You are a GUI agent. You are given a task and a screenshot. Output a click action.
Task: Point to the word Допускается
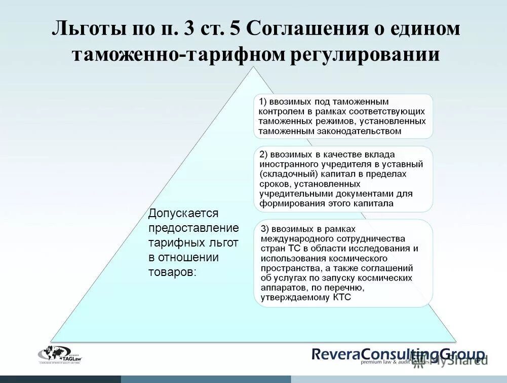coord(183,214)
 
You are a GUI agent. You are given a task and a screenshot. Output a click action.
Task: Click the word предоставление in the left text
coord(193,228)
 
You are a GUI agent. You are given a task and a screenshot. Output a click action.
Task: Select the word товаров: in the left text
coord(172,271)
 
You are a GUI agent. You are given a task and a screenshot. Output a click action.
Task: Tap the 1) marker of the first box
coord(264,101)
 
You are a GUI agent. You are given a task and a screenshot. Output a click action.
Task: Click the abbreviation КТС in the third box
coord(342,298)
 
